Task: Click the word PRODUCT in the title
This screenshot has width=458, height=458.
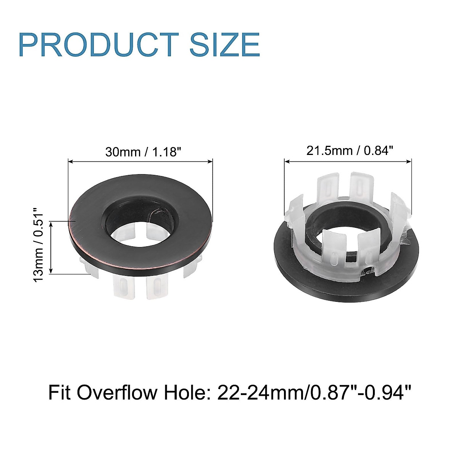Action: [98, 45]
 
